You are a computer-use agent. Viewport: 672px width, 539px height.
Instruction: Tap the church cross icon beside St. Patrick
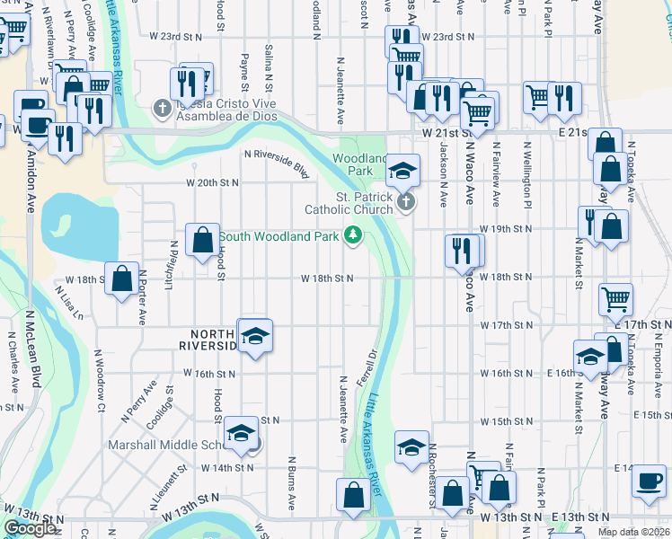[x=406, y=201]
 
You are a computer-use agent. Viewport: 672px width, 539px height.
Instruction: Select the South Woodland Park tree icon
[x=354, y=236]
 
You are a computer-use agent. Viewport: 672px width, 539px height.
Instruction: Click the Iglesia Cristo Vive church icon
[x=162, y=110]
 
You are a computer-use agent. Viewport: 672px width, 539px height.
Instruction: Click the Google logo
[x=30, y=528]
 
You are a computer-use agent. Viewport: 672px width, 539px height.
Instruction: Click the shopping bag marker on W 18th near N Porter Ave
[x=121, y=278]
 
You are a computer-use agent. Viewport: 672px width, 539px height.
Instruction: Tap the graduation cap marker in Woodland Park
[x=403, y=170]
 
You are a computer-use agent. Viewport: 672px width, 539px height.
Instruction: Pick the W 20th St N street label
[x=213, y=182]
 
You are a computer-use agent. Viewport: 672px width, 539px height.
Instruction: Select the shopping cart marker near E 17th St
[x=615, y=298]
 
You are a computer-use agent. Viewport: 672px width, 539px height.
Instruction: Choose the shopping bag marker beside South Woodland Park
[x=202, y=240]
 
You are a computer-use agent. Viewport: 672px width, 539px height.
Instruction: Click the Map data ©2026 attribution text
[x=633, y=532]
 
